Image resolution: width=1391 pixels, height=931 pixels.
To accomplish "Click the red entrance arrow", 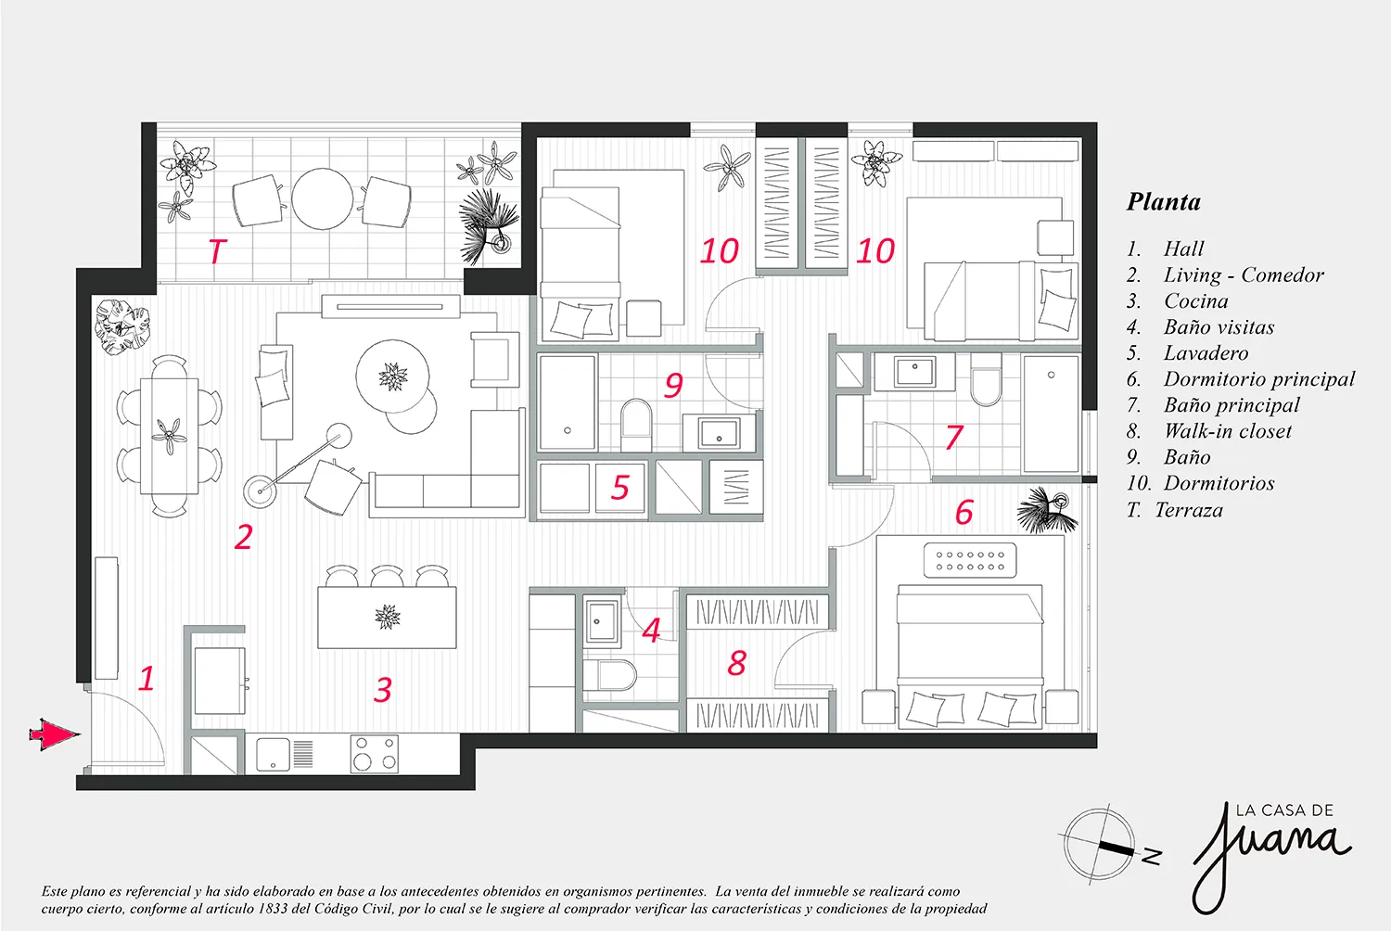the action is pyautogui.click(x=55, y=734).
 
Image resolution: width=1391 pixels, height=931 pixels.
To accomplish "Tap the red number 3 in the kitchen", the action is pyautogui.click(x=382, y=689).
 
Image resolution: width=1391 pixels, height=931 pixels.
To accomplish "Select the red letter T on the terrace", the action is pyautogui.click(x=217, y=251).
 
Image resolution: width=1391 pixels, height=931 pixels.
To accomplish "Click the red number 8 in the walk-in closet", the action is pyautogui.click(x=736, y=663).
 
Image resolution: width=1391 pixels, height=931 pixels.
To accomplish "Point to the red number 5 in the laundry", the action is pyautogui.click(x=619, y=487).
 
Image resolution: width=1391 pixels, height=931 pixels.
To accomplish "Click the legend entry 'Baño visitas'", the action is pyautogui.click(x=1219, y=326).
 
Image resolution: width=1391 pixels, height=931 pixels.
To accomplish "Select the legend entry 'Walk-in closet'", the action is pyautogui.click(x=1228, y=431).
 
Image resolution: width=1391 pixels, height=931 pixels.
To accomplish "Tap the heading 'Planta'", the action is pyautogui.click(x=1164, y=202).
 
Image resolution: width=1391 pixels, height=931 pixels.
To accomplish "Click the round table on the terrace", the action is pyautogui.click(x=323, y=198).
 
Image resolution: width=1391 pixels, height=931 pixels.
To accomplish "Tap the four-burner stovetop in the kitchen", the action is pyautogui.click(x=375, y=754).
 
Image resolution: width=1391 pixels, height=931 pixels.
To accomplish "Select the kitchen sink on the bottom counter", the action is pyautogui.click(x=273, y=754).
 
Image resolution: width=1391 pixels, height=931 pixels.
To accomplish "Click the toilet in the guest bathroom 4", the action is pyautogui.click(x=610, y=675).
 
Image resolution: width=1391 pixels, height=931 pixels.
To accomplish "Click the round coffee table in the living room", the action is pyautogui.click(x=392, y=376).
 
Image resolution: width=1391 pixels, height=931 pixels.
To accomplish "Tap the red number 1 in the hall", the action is pyautogui.click(x=147, y=678).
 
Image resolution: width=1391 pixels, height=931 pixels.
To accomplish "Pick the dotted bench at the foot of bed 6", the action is pyautogui.click(x=970, y=560).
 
